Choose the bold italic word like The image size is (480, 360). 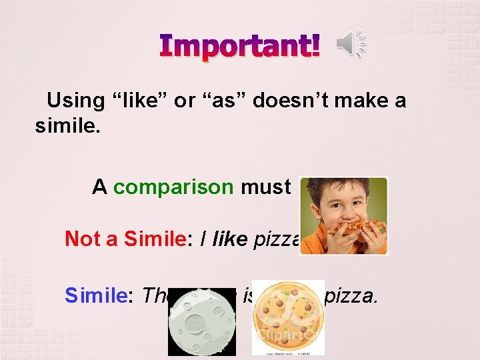(231, 239)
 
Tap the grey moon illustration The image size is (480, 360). (201, 323)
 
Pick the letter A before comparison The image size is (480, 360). (99, 187)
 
